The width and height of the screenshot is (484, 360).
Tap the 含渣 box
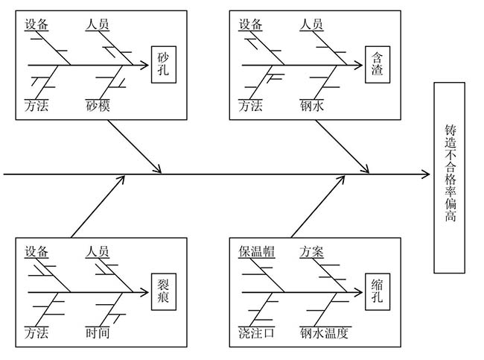[378, 64]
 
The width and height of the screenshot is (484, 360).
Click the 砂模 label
[98, 106]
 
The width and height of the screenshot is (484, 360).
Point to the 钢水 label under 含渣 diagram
[312, 106]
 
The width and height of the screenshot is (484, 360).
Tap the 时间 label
[98, 332]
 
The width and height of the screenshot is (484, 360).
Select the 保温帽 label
[257, 251]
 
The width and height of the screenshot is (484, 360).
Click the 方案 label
[312, 251]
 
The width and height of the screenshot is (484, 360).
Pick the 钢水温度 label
[324, 332]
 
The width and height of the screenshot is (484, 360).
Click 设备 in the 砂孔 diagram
[36, 25]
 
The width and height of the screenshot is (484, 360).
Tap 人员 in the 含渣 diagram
[312, 25]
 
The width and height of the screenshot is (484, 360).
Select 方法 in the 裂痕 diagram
[36, 332]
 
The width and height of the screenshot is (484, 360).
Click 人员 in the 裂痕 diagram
[98, 251]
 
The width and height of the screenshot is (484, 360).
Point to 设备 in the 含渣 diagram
[251, 25]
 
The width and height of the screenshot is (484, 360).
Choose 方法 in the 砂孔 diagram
[36, 106]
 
